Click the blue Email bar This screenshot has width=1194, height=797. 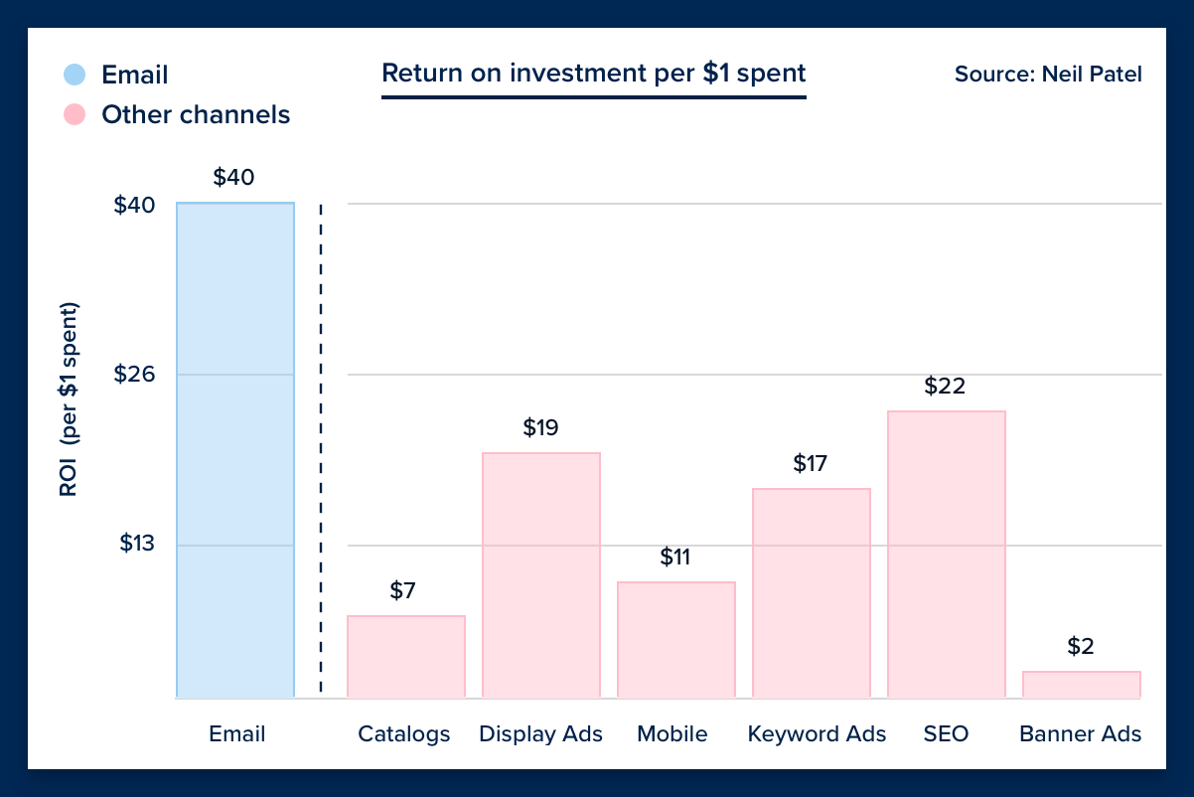tap(235, 450)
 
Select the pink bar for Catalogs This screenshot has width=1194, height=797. tap(405, 657)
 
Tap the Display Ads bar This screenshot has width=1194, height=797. tap(541, 575)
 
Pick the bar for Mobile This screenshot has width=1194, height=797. tap(675, 640)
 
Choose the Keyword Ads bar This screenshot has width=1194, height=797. tap(811, 593)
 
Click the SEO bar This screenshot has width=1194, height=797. tap(946, 555)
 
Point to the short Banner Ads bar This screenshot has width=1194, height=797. tap(1081, 685)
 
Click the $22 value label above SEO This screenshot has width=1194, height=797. tap(945, 386)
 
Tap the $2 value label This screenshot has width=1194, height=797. tap(1081, 646)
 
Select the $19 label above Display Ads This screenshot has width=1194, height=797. tap(540, 427)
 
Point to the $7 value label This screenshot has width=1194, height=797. tap(402, 590)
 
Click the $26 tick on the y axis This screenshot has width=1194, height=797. tap(134, 375)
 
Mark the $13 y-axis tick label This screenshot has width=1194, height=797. tap(137, 544)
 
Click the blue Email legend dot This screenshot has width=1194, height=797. tap(75, 75)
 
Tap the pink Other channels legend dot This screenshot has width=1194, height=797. tap(75, 114)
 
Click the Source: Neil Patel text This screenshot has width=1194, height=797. tap(1048, 74)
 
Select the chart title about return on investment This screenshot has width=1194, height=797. tap(593, 74)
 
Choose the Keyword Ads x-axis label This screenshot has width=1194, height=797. tap(817, 734)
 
